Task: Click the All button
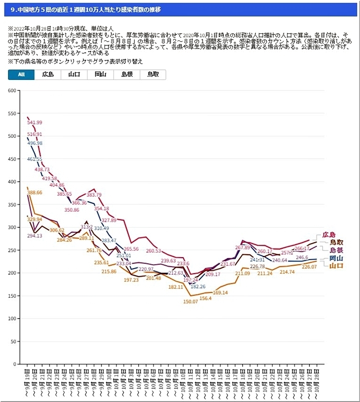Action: click(x=21, y=75)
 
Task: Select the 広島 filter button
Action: click(x=48, y=75)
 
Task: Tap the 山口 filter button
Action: click(x=74, y=75)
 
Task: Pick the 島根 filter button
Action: click(x=126, y=75)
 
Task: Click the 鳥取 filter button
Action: click(x=152, y=75)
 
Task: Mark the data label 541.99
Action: click(x=34, y=122)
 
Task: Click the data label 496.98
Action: click(x=34, y=143)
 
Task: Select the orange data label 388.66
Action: click(x=35, y=193)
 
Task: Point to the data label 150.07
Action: click(x=190, y=302)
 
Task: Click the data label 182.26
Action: click(x=198, y=287)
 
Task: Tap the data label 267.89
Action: click(x=242, y=247)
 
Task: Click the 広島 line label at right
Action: click(x=328, y=235)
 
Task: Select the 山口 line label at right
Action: click(x=336, y=266)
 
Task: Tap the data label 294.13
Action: click(x=34, y=236)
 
